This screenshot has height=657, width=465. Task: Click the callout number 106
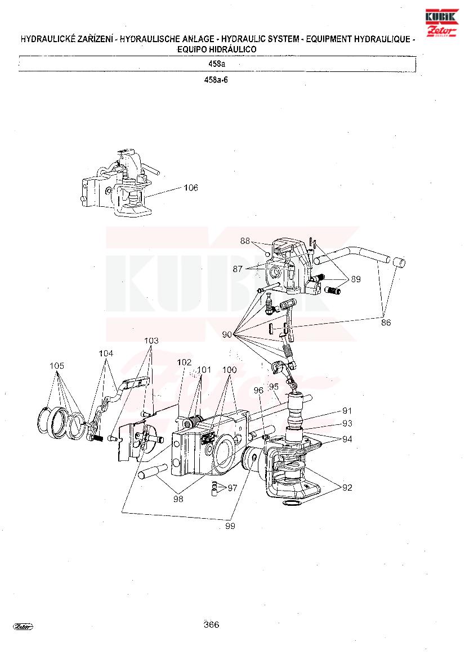191,188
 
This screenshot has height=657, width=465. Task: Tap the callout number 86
386,322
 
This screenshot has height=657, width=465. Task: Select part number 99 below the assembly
230,526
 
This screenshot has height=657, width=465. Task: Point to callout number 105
57,366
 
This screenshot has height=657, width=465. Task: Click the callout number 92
347,487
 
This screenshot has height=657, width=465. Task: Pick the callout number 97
232,488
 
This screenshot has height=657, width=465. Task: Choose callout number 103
151,341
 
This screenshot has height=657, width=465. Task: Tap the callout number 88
245,241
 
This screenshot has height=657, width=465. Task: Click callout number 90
227,335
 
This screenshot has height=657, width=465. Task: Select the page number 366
212,625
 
